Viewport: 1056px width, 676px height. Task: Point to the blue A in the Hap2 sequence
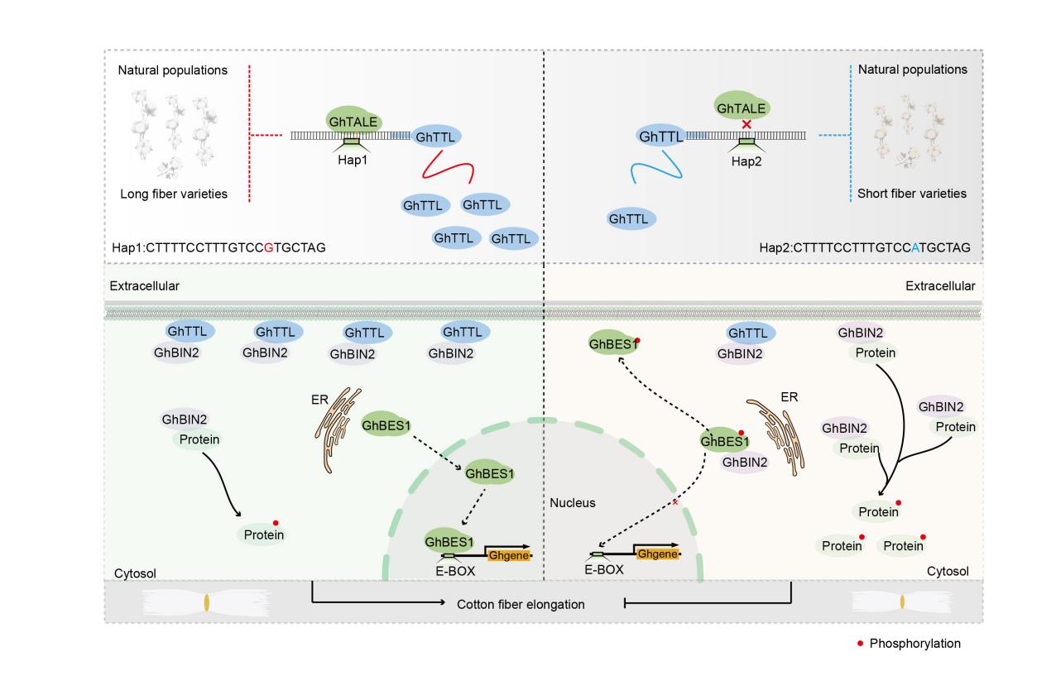[x=915, y=247]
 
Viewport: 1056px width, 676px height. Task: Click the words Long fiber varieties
[x=171, y=194]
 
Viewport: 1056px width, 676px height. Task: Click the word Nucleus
[x=571, y=502]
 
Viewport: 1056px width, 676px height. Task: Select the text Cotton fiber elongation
[x=521, y=604]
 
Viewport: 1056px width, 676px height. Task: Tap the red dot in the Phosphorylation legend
[x=860, y=643]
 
